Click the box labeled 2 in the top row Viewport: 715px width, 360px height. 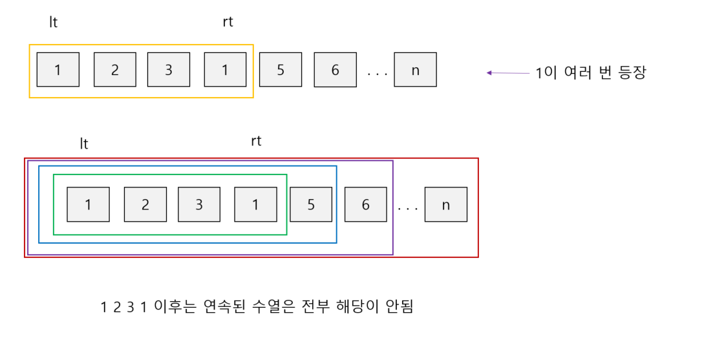(115, 70)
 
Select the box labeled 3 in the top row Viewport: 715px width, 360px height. (169, 70)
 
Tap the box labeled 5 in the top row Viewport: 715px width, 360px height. (281, 70)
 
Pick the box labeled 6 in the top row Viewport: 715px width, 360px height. (336, 70)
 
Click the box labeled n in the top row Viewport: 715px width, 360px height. (415, 70)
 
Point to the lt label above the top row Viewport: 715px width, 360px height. (54, 22)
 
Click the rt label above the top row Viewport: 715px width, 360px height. (228, 22)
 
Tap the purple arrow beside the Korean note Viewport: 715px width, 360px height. (508, 73)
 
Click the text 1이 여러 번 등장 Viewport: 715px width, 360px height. (591, 73)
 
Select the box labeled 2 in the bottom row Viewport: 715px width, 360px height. (145, 204)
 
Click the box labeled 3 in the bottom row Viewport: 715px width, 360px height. (199, 204)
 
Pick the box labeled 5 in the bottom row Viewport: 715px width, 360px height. (311, 204)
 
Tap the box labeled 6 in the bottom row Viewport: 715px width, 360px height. (366, 204)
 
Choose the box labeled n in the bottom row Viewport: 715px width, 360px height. (445, 204)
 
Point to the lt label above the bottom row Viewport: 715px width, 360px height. (84, 143)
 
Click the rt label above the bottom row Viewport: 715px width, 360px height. (256, 141)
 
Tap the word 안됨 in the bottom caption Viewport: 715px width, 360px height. (398, 306)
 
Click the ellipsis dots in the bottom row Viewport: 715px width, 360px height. (408, 209)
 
